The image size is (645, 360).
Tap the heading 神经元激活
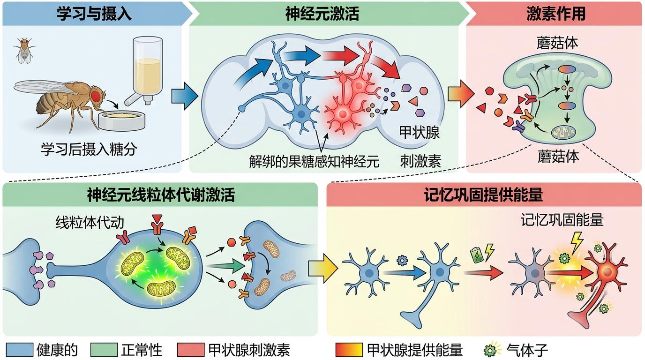click(322, 14)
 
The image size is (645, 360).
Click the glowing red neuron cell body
click(343, 114)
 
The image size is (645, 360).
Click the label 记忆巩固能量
click(562, 220)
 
